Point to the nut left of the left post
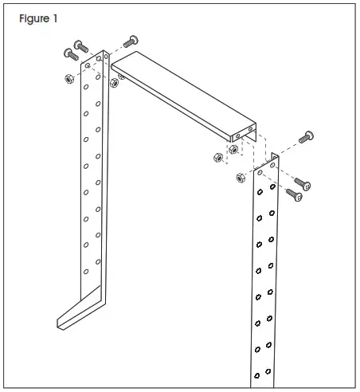[x=69, y=77]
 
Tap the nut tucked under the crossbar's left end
[x=115, y=81]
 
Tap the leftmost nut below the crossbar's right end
[x=217, y=157]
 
